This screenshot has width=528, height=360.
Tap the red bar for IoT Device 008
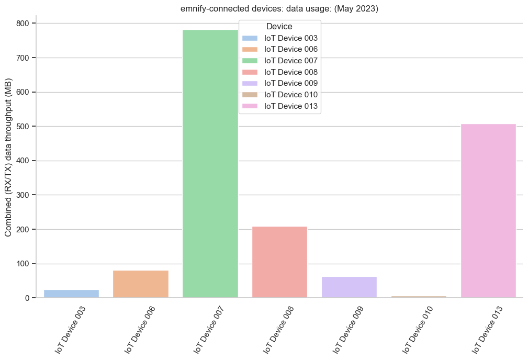point(280,262)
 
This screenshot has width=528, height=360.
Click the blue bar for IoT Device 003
point(71,294)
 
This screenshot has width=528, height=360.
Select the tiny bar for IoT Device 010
point(419,297)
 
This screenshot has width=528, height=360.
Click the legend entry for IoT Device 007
point(291,61)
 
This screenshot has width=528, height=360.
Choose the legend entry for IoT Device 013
point(291,106)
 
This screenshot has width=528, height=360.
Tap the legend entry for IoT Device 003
point(291,38)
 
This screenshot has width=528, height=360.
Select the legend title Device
point(279,26)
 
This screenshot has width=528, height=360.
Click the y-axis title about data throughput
point(9,161)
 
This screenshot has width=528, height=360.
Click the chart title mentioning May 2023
point(279,8)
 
